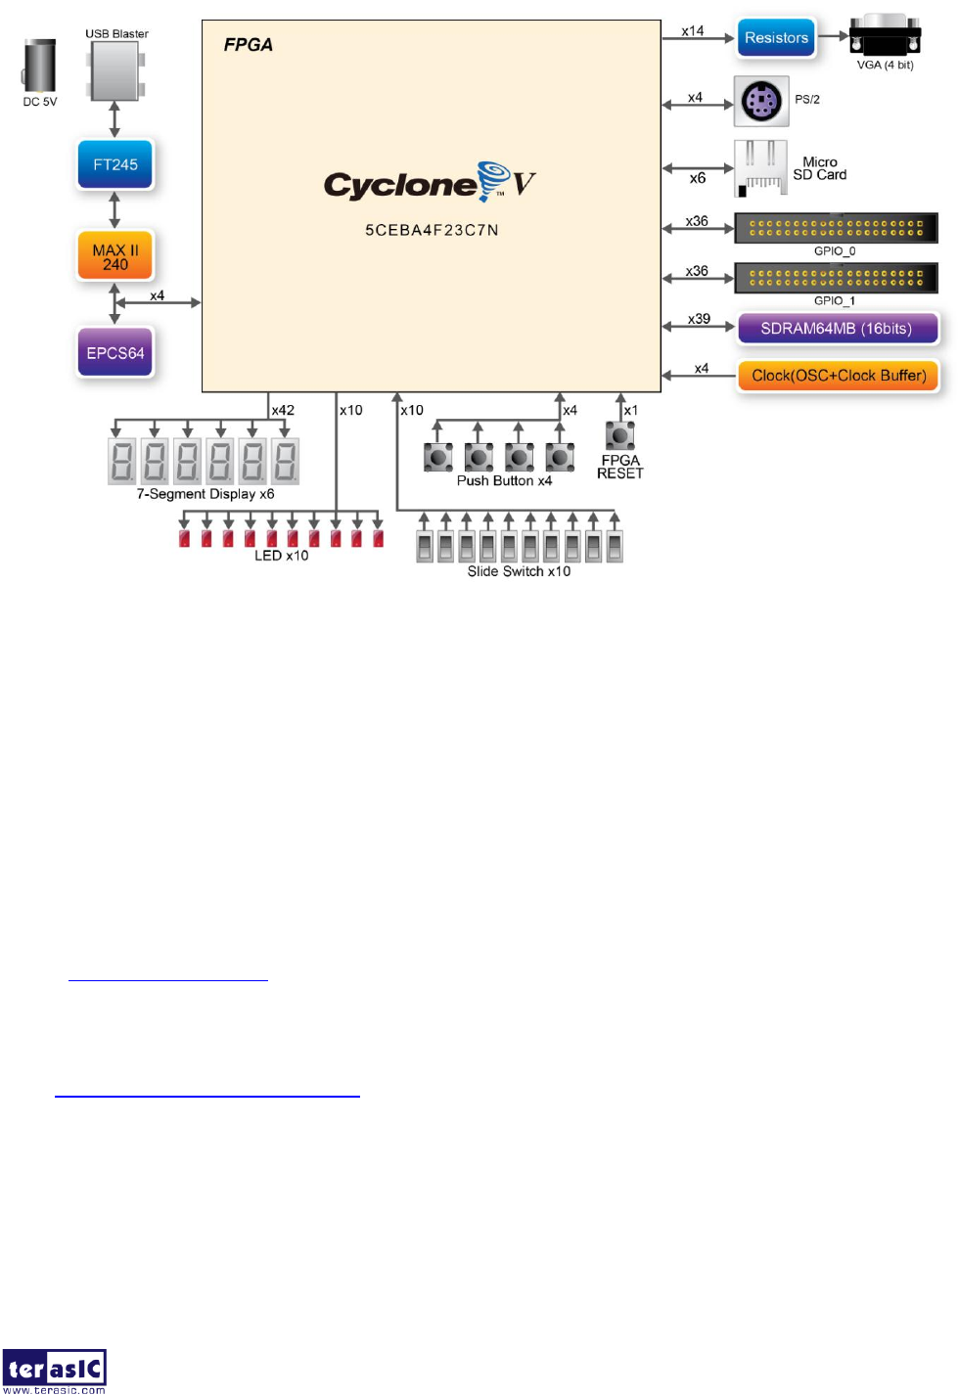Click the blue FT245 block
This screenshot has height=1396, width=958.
coord(115,164)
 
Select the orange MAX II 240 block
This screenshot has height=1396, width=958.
coord(115,256)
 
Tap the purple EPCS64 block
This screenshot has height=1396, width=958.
coord(115,353)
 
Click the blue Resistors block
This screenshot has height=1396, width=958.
coord(776,38)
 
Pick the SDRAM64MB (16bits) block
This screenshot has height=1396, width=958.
coord(836,329)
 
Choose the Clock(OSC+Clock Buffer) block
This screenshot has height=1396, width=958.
coord(839,376)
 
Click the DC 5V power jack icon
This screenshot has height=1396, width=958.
coord(40,67)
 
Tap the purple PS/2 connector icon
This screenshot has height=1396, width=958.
coord(761,101)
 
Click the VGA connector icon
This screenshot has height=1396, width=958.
coord(885,37)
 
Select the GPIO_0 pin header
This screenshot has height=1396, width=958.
coord(836,228)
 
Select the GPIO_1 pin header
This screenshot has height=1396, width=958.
coord(836,278)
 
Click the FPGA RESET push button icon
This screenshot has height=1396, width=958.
coord(619,434)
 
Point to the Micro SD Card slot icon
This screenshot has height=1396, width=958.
coord(760,168)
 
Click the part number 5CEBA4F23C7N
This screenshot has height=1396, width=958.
coord(432,230)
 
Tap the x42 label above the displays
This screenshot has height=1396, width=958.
coord(283,410)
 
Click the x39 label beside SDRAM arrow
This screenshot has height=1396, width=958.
coord(699,319)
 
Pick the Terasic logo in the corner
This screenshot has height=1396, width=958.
coord(54,1371)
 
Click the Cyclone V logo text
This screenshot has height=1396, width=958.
coord(430,183)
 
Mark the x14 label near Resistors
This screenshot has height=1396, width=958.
coord(693,31)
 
